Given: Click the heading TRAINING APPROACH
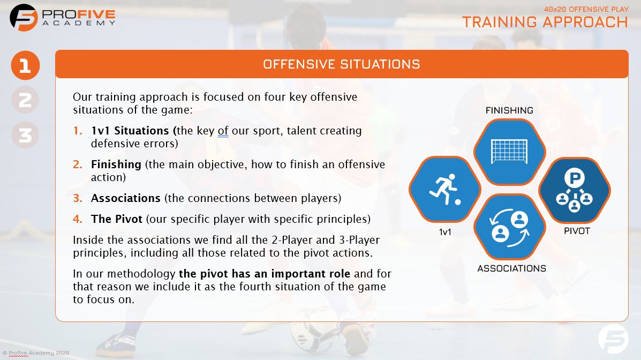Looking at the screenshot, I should click(545, 21).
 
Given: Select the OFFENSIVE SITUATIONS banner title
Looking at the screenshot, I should click(341, 64).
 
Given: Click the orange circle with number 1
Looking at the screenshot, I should click(25, 66).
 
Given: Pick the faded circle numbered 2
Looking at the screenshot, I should click(25, 100).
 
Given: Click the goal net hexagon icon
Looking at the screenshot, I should click(509, 152).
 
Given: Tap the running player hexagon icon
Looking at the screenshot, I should click(444, 189).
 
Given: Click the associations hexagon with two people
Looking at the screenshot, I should click(509, 227).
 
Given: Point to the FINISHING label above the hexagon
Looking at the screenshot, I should click(509, 110).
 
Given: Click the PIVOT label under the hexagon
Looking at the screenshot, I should click(577, 231).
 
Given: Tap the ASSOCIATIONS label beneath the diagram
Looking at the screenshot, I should click(511, 268).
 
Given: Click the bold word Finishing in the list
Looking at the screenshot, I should click(116, 164).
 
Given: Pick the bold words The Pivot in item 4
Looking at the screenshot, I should click(116, 219).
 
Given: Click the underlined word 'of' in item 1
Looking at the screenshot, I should click(223, 131).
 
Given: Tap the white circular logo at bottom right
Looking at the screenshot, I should click(613, 338).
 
